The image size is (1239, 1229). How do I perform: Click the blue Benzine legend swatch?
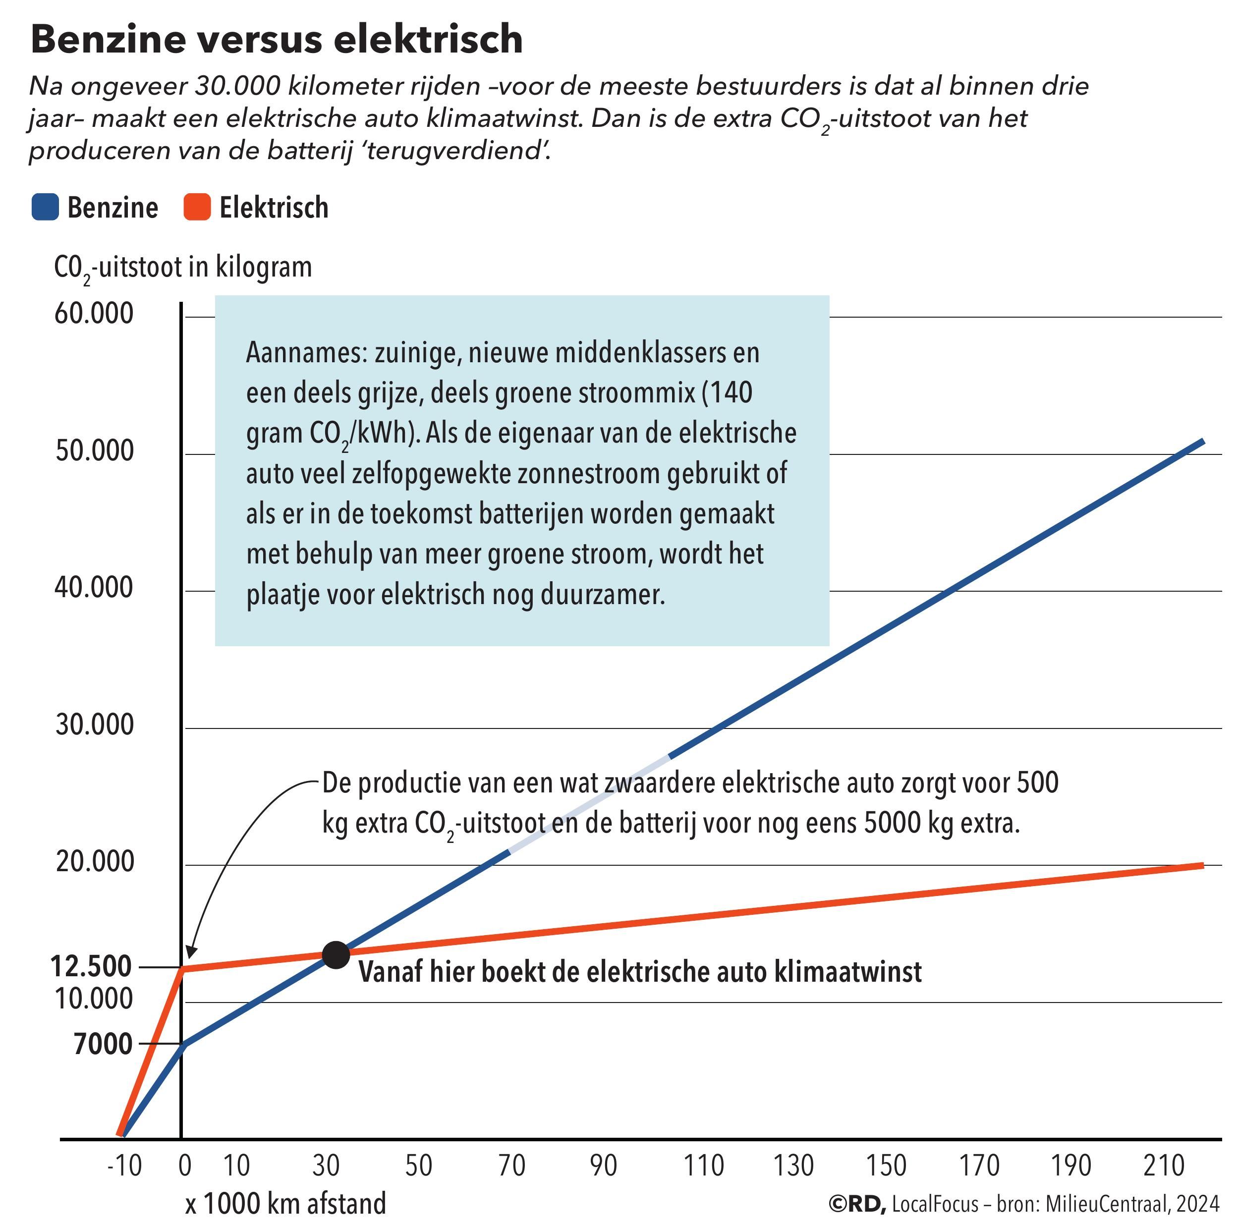[45, 208]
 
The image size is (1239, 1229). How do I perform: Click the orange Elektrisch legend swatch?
[197, 208]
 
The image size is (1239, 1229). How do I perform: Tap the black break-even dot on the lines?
[336, 954]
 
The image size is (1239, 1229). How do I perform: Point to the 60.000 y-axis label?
[94, 314]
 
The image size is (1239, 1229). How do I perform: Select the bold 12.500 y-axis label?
[91, 966]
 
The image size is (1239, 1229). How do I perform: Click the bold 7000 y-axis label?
[103, 1044]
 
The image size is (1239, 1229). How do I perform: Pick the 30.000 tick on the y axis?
[94, 725]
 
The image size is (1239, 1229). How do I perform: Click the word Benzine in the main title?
[107, 39]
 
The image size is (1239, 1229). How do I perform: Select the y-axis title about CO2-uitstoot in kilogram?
[183, 267]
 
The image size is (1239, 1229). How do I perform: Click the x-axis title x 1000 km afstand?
[286, 1203]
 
